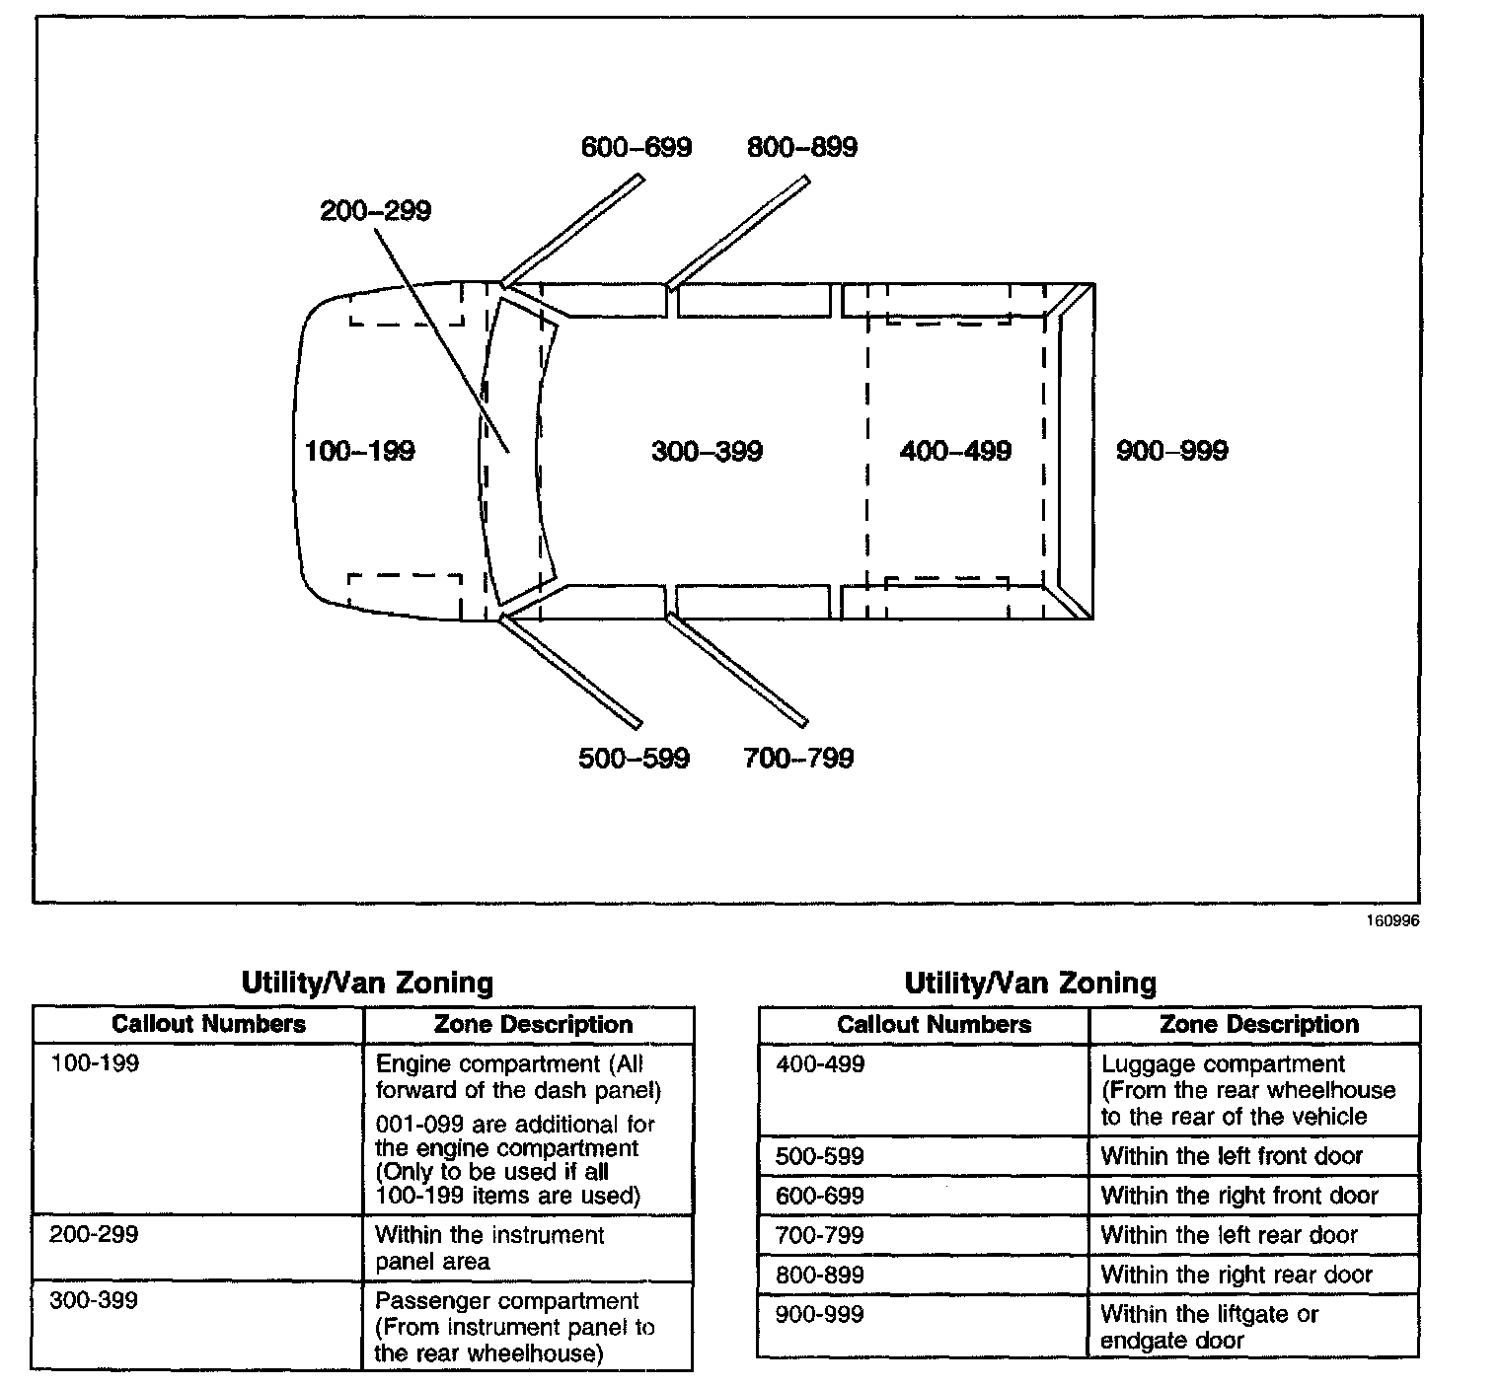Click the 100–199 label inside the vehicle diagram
tap(360, 452)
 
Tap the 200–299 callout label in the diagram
tap(376, 211)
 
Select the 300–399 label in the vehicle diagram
tap(708, 452)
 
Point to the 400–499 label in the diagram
tap(955, 452)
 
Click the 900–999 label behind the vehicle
tap(1172, 452)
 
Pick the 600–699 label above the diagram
tap(637, 148)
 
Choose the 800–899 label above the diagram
tap(802, 148)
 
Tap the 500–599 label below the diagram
tap(634, 759)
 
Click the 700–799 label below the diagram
tap(798, 759)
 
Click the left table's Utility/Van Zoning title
tap(367, 983)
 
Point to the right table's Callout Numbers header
tap(934, 1025)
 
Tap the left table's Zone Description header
tap(533, 1025)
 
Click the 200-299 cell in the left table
tap(95, 1235)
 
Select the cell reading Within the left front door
tap(1232, 1156)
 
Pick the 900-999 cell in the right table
tap(820, 1314)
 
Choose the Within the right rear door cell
tap(1237, 1275)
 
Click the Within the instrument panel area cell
tap(489, 1248)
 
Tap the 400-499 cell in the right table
tap(820, 1064)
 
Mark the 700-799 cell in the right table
tap(820, 1235)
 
